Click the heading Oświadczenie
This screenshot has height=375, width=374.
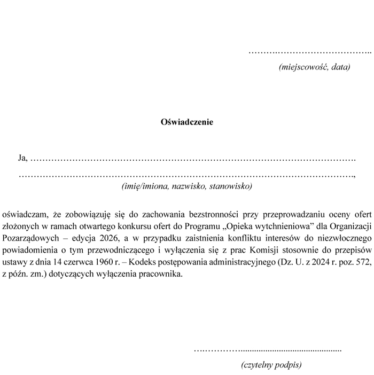click(187, 122)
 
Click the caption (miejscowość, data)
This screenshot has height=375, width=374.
click(315, 67)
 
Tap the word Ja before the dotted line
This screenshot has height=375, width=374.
click(22, 158)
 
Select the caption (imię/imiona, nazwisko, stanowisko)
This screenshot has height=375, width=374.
click(187, 186)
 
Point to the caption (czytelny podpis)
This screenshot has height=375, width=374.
click(271, 365)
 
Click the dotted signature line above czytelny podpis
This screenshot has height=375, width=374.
click(267, 350)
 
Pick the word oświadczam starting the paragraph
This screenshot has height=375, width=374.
click(24, 214)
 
